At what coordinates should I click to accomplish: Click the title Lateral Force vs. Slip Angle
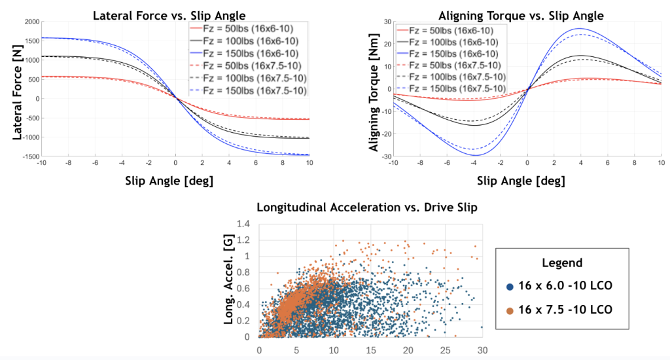tap(175, 14)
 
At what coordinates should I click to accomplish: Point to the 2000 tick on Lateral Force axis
tap(31, 22)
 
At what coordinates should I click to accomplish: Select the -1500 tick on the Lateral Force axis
tap(29, 156)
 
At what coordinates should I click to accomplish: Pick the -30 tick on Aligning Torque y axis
tap(386, 156)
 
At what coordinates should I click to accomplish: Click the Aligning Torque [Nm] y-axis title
tap(374, 90)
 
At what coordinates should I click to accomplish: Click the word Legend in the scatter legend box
tap(561, 262)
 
